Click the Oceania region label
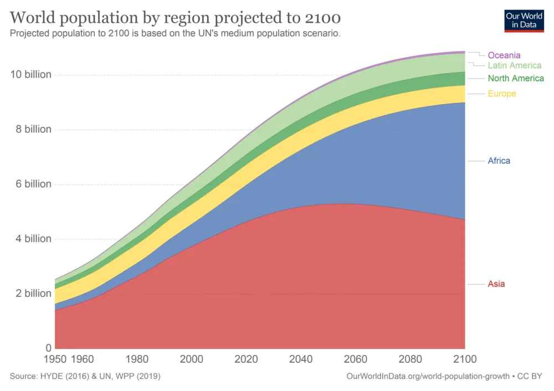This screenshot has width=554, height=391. point(504,55)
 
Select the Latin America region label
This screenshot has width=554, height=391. point(515,65)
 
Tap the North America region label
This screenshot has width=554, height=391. point(516,78)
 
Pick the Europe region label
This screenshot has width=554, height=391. point(502,94)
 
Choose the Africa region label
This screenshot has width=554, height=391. point(499,161)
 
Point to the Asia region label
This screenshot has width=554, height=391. point(496,284)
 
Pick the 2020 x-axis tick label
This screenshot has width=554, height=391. point(246,359)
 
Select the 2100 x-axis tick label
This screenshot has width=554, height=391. point(465,359)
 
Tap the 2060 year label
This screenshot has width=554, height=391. point(356,359)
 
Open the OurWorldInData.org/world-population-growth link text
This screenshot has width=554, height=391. point(428,377)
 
